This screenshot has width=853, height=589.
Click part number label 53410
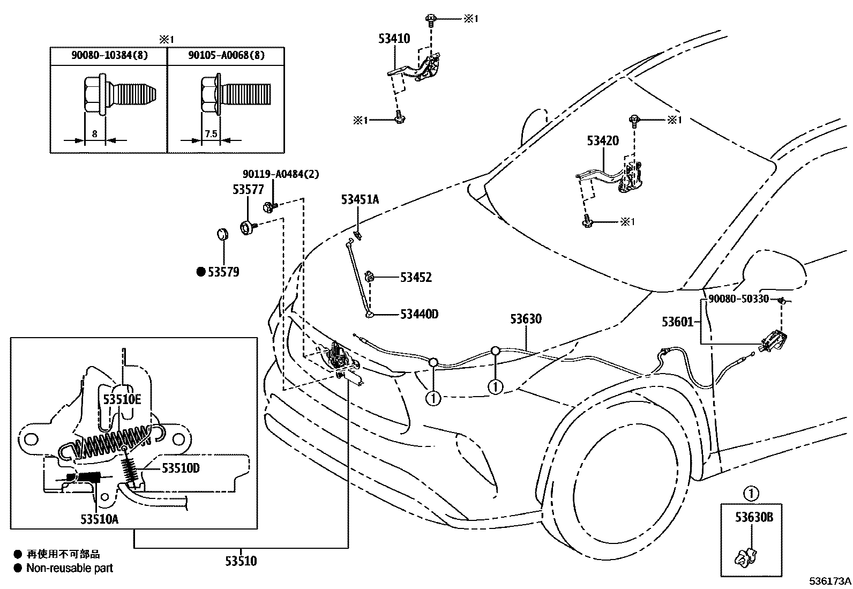394,39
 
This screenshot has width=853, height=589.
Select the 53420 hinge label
603,141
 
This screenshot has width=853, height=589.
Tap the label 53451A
360,200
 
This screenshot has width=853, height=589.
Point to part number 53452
416,278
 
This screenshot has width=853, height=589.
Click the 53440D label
419,314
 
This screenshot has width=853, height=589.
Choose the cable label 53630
526,319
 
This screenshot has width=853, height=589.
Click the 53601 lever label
678,322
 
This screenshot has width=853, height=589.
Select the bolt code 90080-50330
738,299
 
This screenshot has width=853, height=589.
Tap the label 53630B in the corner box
754,518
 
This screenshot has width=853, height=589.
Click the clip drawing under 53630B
746,558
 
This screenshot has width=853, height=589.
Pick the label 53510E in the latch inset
122,399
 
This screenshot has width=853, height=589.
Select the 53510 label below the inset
241,561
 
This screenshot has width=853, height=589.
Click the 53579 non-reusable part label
223,272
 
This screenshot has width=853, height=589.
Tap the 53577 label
248,190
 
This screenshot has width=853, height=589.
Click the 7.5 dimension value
211,133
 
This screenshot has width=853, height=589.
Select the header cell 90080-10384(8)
110,55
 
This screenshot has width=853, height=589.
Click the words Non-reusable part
70,568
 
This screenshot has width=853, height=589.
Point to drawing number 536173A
830,581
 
